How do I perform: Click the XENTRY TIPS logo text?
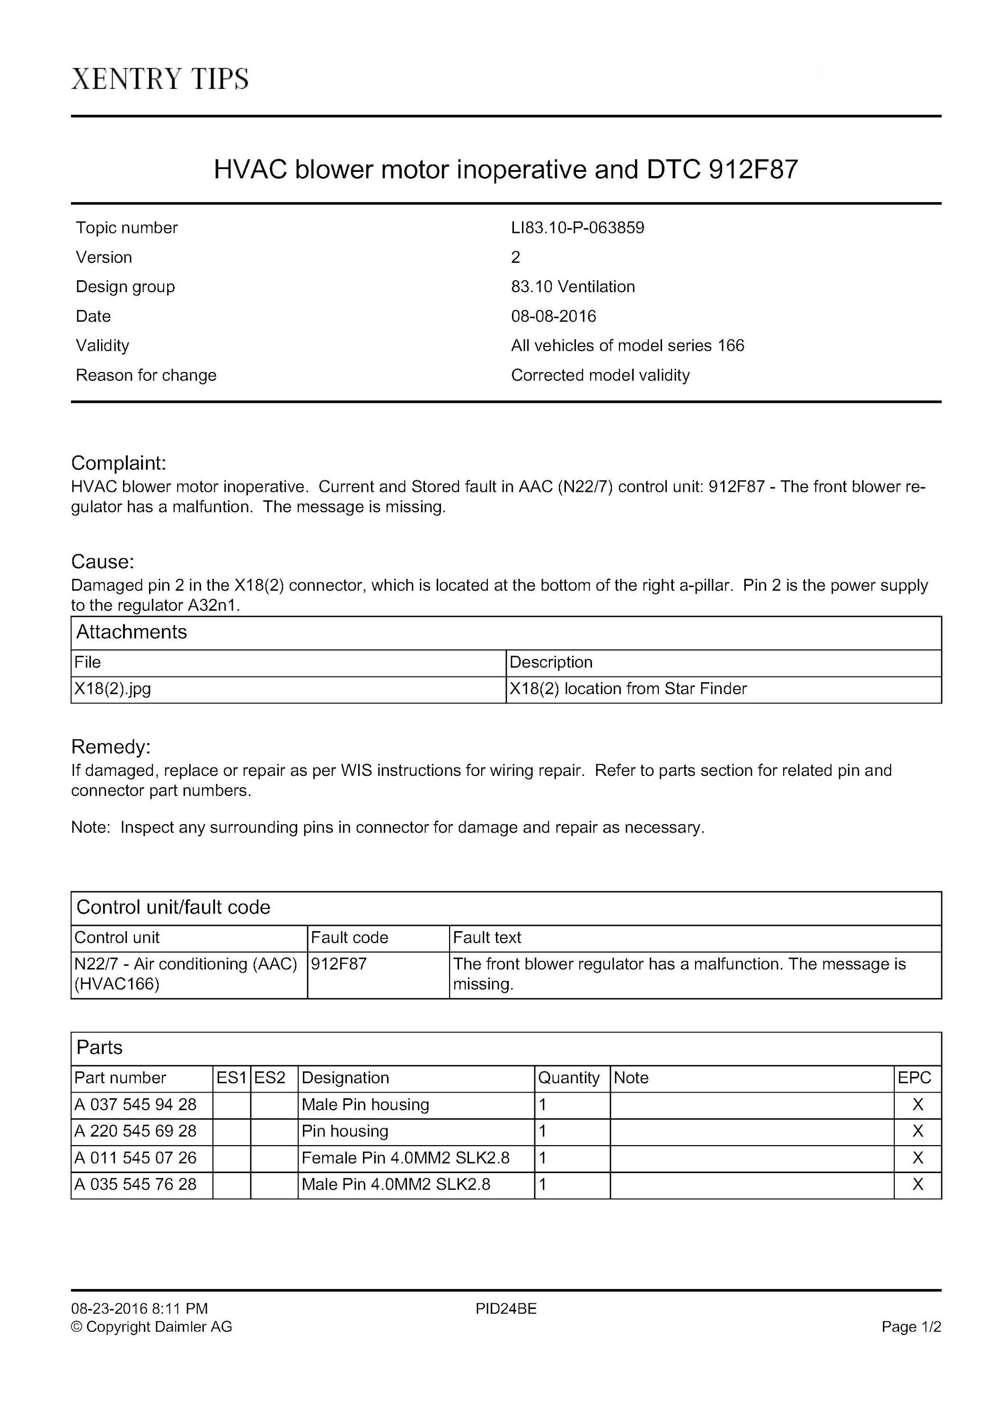(x=160, y=79)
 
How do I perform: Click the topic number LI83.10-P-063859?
(x=577, y=228)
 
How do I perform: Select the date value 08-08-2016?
(x=553, y=316)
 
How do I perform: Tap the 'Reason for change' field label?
(x=146, y=375)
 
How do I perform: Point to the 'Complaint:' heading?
(x=119, y=463)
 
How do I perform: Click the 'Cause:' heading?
(x=102, y=561)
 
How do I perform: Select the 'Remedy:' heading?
(x=111, y=747)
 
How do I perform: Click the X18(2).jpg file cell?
(x=113, y=689)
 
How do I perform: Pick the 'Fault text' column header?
(x=486, y=937)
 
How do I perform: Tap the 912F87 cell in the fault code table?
(x=338, y=964)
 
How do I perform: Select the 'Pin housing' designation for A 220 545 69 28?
(x=344, y=1130)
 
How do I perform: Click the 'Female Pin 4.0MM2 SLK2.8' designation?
(x=405, y=1157)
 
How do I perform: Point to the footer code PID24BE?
(x=505, y=1308)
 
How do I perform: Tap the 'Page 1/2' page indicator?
(x=910, y=1326)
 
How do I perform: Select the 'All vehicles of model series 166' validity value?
(x=627, y=346)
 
